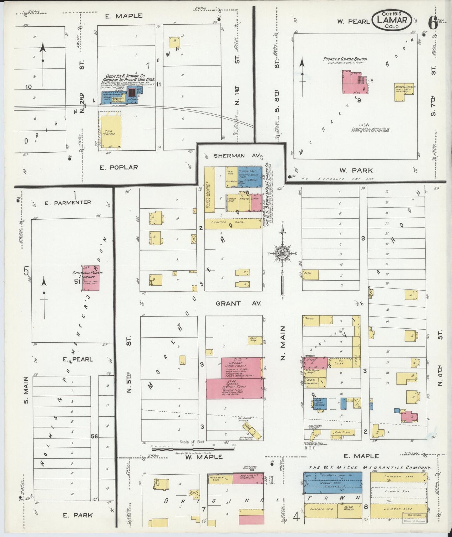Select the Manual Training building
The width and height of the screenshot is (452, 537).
tap(404, 91)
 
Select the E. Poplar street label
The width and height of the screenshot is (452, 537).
tap(119, 167)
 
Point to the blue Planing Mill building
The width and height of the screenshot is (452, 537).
tap(250, 177)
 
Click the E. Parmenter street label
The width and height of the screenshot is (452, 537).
tap(68, 203)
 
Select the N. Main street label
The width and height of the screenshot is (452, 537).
tap(283, 343)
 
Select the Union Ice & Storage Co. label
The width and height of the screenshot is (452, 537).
tap(125, 76)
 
